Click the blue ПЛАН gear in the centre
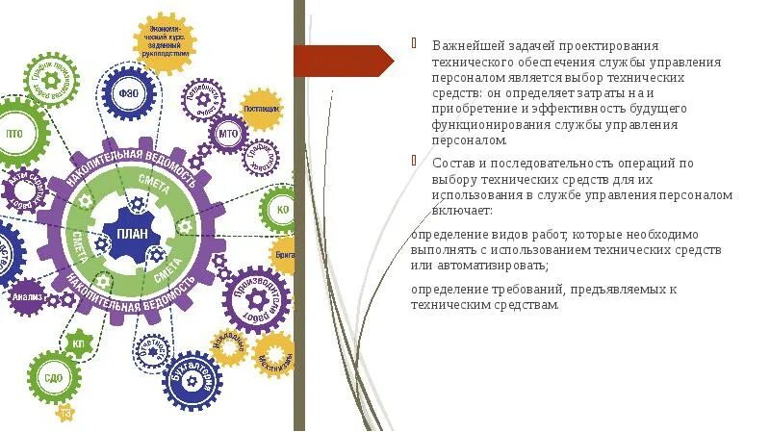pos(132,234)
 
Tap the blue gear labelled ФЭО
pos(128,93)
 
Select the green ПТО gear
pos(16,133)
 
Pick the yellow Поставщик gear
pos(261,109)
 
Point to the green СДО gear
pos(54,376)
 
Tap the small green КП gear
pos(79,342)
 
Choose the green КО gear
pos(283,209)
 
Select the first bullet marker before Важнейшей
pos(414,44)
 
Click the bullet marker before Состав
pos(414,162)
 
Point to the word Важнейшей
pos(462,46)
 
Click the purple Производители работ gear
pos(257,298)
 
